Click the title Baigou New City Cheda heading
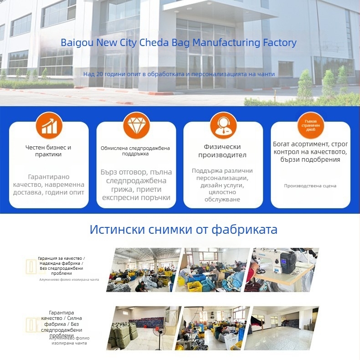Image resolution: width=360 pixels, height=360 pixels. click(x=179, y=43)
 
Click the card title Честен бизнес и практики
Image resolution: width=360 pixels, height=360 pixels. click(x=48, y=151)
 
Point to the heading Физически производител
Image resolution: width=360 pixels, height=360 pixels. click(x=223, y=151)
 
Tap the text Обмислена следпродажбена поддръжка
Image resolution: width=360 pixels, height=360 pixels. click(x=135, y=151)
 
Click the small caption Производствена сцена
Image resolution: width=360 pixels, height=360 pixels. click(x=310, y=186)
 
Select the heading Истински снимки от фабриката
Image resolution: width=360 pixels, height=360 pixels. click(x=183, y=229)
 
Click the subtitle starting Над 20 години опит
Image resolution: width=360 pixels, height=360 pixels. click(x=179, y=74)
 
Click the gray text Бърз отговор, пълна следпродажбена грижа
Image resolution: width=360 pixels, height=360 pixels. click(x=136, y=185)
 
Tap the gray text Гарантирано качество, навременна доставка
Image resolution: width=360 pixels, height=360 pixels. click(x=49, y=185)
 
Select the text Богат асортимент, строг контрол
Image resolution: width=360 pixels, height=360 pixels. click(x=310, y=152)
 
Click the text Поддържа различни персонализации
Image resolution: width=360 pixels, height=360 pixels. click(x=222, y=185)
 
